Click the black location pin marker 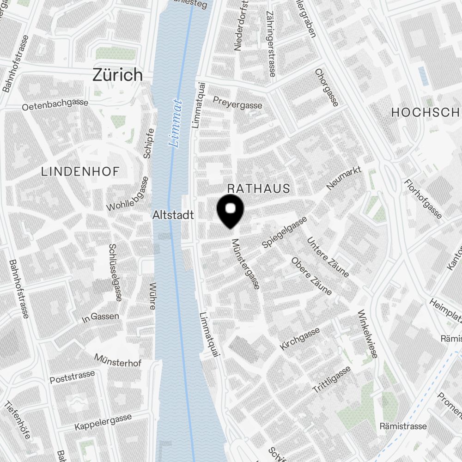point(231,210)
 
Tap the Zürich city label point(118,75)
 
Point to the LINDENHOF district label point(80,171)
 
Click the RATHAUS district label point(259,188)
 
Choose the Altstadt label point(173,215)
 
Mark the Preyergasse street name point(237,102)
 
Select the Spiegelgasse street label point(284,232)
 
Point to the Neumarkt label point(344,178)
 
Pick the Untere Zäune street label point(328,257)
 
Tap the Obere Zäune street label point(311,276)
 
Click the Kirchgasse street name point(300,339)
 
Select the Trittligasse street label point(332,379)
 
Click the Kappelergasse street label point(103,422)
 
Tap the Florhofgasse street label point(423,199)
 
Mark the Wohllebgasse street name point(128,194)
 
